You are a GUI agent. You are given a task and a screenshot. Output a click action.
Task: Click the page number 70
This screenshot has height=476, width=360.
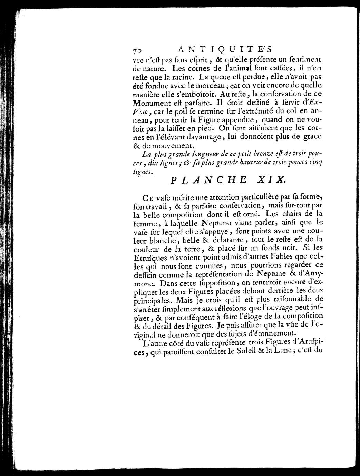[x=137, y=50]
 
